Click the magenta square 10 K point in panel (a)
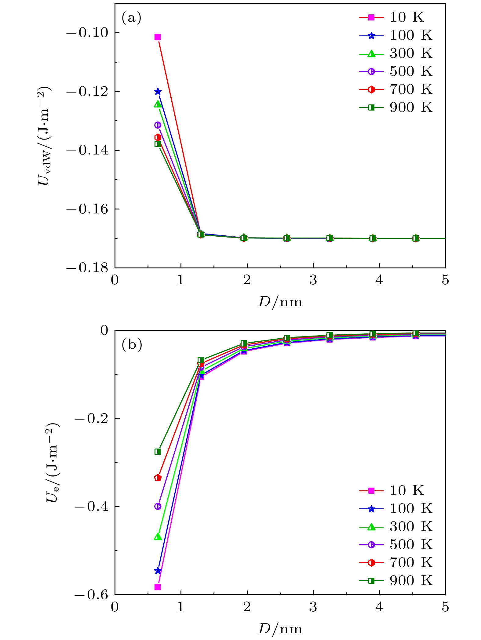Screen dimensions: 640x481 (x=158, y=37)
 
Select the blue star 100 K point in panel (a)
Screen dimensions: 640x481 (x=158, y=91)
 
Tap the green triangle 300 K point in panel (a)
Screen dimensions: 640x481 (x=158, y=104)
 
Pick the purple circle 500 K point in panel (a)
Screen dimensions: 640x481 (x=158, y=125)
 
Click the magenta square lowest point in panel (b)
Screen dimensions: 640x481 (x=158, y=587)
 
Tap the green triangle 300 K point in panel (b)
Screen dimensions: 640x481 (x=158, y=536)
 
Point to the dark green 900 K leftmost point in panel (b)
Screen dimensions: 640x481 (x=158, y=451)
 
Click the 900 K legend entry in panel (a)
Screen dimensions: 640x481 (x=396, y=107)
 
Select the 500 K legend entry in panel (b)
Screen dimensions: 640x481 (x=396, y=544)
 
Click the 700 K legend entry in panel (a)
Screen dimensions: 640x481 (x=396, y=89)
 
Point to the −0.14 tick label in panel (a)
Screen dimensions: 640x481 (x=87, y=150)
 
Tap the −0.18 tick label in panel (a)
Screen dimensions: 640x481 (x=87, y=268)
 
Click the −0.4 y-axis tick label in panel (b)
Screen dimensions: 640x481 (x=91, y=507)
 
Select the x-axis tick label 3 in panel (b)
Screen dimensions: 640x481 (x=313, y=607)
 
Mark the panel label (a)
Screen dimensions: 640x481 (x=132, y=18)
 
